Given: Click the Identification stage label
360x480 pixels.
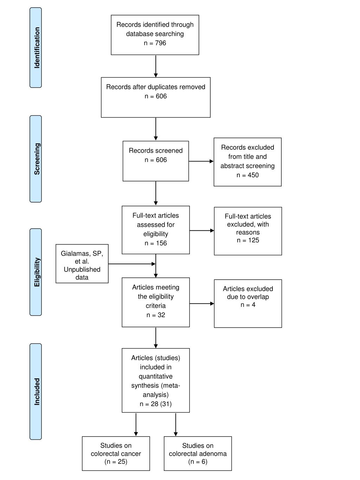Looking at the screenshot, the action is (36, 48).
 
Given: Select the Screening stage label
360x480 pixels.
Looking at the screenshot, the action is (36, 159).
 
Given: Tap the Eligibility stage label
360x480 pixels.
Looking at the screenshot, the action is (36, 272).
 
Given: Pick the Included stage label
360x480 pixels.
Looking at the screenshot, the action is (36, 391).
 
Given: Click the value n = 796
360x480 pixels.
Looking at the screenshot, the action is (155, 43).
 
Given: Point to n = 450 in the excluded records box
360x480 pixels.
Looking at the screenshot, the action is (247, 175).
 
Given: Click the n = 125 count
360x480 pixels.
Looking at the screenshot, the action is (248, 240).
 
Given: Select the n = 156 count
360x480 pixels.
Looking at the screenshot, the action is (156, 243).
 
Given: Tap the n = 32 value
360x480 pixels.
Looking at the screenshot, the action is (156, 315).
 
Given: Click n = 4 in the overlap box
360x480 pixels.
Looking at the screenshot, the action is (248, 305).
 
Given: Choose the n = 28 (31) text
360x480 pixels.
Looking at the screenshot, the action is (156, 404).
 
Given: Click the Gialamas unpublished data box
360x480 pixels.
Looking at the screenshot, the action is (82, 263).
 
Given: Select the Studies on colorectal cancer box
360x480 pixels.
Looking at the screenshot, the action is (116, 453).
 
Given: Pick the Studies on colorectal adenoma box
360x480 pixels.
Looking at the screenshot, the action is (198, 453).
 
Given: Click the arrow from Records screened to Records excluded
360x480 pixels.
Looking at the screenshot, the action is (201, 161).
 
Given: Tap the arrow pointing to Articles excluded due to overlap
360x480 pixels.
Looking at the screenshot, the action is (202, 303).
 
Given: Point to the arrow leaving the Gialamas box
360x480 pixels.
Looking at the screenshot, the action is (132, 264).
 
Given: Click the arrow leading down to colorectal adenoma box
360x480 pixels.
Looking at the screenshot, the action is (176, 424).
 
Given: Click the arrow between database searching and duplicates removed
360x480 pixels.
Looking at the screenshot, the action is (156, 66).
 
